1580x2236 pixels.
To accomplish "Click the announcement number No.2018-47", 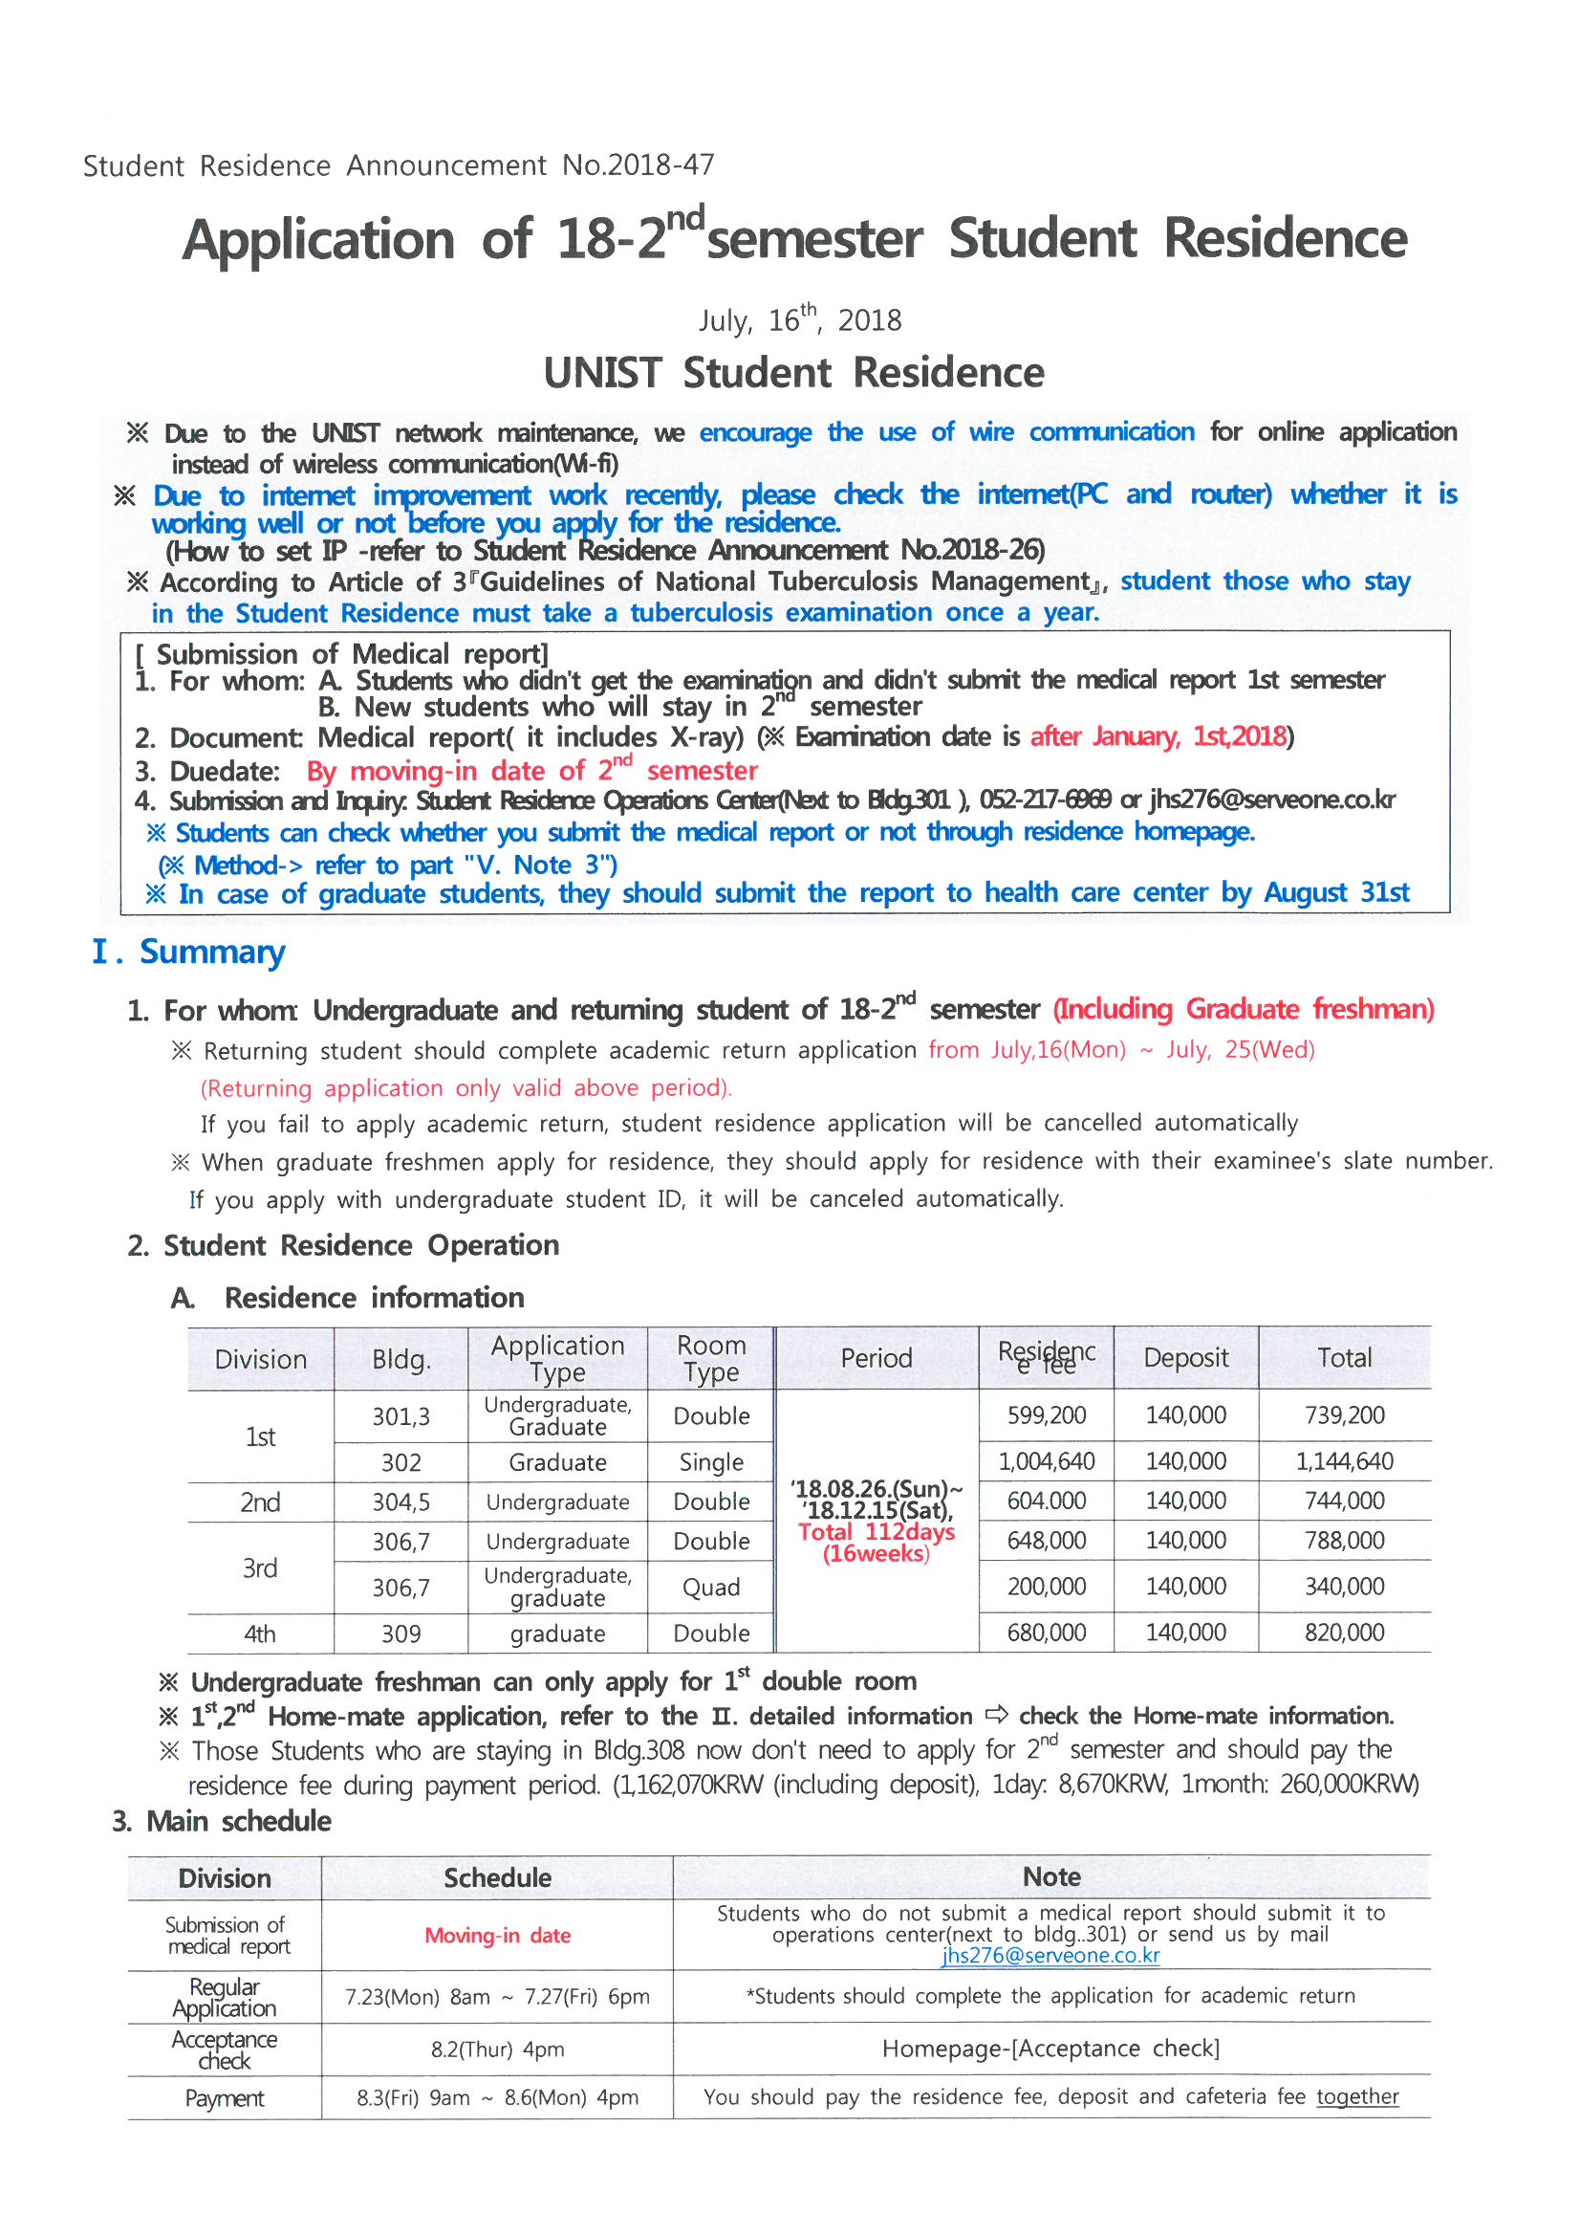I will tap(638, 165).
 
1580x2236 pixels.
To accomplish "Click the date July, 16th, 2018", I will tap(799, 320).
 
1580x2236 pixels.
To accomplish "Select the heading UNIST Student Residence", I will tap(793, 373).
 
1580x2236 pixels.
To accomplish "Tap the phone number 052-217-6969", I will tap(1045, 800).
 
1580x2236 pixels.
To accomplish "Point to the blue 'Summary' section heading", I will tap(211, 952).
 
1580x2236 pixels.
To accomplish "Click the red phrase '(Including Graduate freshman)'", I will tap(1244, 1009).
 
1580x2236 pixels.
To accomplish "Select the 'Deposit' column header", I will tap(1186, 1358).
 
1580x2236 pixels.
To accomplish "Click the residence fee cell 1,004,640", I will tap(1047, 1460).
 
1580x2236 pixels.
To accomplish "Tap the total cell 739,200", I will tap(1345, 1415).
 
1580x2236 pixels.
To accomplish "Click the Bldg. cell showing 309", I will tap(401, 1633).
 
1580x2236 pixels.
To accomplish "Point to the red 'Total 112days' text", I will tap(877, 1532).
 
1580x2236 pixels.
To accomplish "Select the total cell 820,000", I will tap(1345, 1633).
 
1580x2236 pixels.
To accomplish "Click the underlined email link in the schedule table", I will tap(1050, 1956).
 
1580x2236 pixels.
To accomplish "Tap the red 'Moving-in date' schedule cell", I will tap(497, 1935).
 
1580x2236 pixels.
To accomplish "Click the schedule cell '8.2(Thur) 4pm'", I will tap(497, 2049).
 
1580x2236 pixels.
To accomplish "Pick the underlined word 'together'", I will tap(1357, 2096).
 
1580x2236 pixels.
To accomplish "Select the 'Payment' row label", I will tap(224, 2097).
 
